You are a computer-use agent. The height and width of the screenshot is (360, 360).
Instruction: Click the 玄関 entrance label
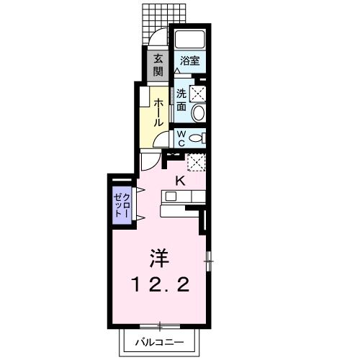(x=158, y=65)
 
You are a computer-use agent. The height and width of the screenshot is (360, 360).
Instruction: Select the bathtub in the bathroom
(x=191, y=40)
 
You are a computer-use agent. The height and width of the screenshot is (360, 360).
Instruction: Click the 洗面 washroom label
(x=181, y=99)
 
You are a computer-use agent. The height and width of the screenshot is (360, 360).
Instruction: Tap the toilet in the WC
(x=199, y=137)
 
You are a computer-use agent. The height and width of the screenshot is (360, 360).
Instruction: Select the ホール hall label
(x=158, y=111)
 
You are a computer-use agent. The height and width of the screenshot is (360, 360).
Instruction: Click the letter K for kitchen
(x=180, y=181)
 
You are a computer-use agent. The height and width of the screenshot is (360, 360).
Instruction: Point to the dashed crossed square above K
(x=196, y=162)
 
